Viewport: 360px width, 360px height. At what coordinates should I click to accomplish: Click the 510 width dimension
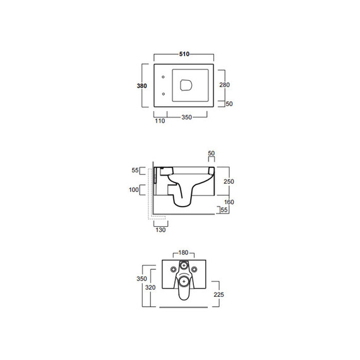[x=184, y=54]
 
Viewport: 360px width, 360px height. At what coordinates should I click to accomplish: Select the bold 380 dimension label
[x=141, y=86]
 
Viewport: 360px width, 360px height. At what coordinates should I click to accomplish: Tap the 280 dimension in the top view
[x=224, y=85]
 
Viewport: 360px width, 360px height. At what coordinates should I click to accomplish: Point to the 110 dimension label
[x=160, y=121]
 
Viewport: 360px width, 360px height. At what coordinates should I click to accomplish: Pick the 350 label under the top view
[x=186, y=117]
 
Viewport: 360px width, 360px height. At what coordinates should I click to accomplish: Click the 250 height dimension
[x=229, y=181]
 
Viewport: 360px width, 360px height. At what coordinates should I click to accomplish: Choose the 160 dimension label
[x=229, y=202]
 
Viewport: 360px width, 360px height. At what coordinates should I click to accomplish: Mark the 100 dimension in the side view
[x=134, y=189]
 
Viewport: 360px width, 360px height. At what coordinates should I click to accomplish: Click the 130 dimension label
[x=160, y=230]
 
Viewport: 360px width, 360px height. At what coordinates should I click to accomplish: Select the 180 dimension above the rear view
[x=183, y=253]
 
